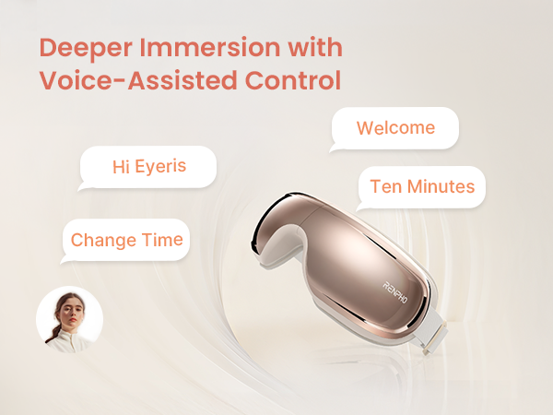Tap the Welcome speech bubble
click(394, 127)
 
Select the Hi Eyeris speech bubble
click(148, 167)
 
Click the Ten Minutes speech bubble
click(421, 187)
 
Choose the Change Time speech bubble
click(126, 240)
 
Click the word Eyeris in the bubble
click(162, 167)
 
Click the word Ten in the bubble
click(384, 187)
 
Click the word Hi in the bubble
click(120, 167)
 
